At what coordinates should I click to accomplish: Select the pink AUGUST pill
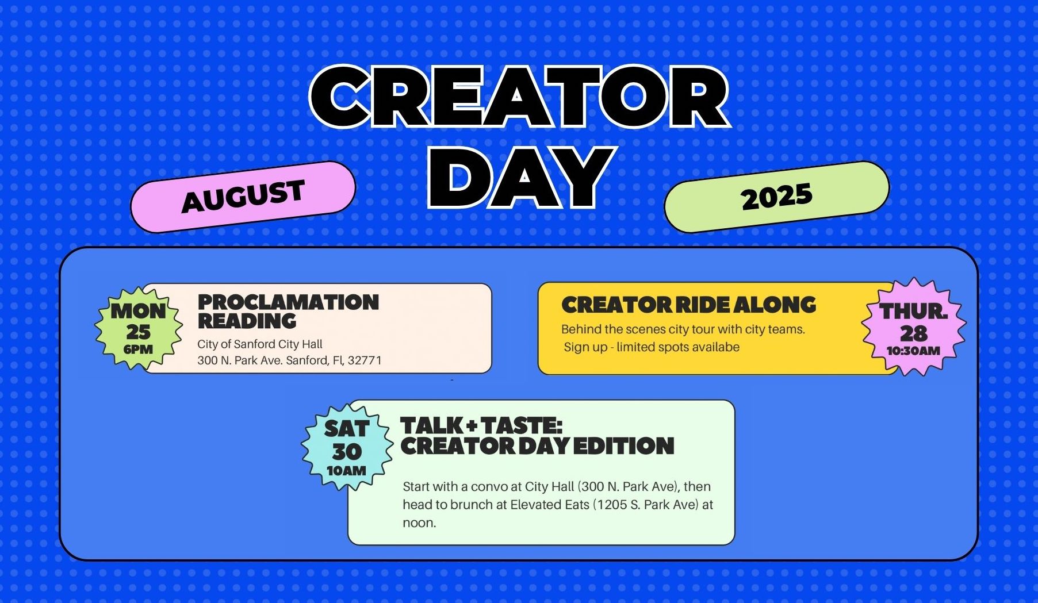point(243,197)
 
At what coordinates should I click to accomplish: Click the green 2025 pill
point(776,197)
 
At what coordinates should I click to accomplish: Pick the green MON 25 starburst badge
point(139,328)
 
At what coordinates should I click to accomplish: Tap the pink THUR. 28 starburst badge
point(913,327)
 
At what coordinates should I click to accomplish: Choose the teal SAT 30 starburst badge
point(347,447)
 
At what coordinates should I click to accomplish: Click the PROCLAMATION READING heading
point(288,312)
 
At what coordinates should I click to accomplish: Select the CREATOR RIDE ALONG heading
point(688,305)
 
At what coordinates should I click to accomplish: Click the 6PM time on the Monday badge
point(138,349)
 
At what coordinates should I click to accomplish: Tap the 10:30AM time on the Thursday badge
point(913,351)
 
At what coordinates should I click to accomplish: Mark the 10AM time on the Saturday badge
point(346,471)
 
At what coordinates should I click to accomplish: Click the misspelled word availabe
point(715,347)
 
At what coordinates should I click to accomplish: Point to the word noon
point(419,523)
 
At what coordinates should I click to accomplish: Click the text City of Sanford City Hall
point(260,344)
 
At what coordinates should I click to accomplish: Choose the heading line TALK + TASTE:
point(481,426)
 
